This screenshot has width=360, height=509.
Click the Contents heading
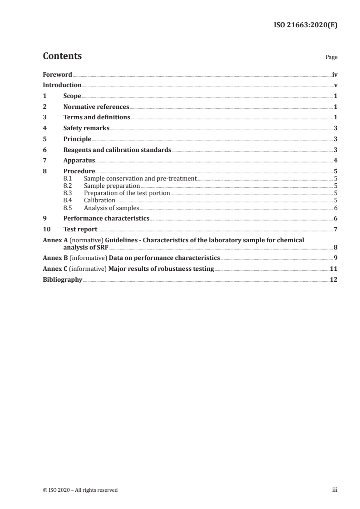(x=62, y=56)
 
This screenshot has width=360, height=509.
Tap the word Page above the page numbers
(x=331, y=58)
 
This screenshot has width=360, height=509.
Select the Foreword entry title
(x=57, y=74)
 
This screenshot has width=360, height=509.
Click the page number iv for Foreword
(x=335, y=74)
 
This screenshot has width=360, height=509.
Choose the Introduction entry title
(x=62, y=85)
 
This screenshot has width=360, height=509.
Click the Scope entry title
(x=72, y=96)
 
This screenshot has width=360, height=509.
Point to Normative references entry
(x=96, y=107)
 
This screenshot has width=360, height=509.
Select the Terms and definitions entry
(x=97, y=117)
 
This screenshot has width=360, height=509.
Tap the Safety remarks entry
(x=86, y=128)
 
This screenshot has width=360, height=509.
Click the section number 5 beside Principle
(x=44, y=139)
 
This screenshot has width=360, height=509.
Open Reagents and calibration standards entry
(x=117, y=150)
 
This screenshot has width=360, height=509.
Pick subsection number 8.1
(x=68, y=179)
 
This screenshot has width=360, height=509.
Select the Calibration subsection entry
(x=99, y=200)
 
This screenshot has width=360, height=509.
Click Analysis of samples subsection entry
(x=111, y=208)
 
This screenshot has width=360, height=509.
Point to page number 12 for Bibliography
(x=334, y=279)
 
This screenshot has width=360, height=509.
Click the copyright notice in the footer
(x=80, y=490)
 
